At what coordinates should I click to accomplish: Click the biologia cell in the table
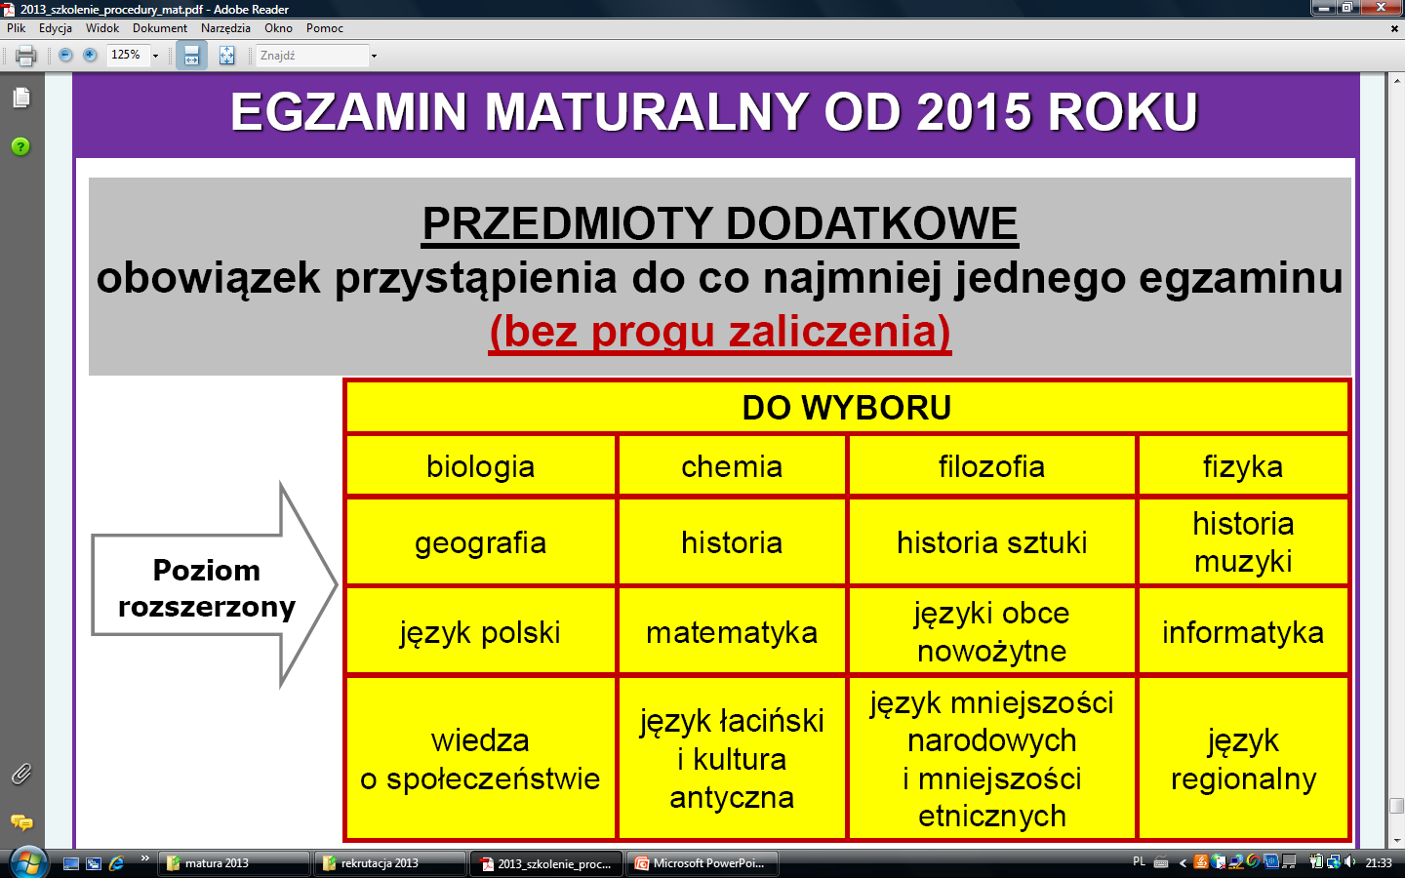[480, 466]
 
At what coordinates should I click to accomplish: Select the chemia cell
[732, 466]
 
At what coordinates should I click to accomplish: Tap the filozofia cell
[991, 466]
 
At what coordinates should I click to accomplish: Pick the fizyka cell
[1243, 466]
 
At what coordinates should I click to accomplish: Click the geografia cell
[480, 541]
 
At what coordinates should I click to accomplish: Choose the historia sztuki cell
[991, 541]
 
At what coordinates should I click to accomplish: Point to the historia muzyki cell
[1243, 541]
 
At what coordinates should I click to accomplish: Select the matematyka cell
[732, 631]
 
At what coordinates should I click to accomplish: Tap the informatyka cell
[1243, 631]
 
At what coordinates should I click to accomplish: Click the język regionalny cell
[1243, 758]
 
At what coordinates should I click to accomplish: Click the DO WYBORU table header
[847, 407]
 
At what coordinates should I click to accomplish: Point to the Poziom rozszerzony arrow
[214, 585]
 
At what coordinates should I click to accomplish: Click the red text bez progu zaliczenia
[720, 332]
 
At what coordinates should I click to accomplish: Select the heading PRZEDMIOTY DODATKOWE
[719, 224]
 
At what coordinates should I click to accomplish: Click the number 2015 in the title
[974, 112]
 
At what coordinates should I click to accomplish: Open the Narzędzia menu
[225, 28]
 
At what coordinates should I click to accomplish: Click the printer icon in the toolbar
[25, 56]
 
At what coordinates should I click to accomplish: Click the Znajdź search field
[312, 56]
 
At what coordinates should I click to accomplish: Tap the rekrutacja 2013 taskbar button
[390, 863]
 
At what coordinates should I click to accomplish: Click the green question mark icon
[20, 146]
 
